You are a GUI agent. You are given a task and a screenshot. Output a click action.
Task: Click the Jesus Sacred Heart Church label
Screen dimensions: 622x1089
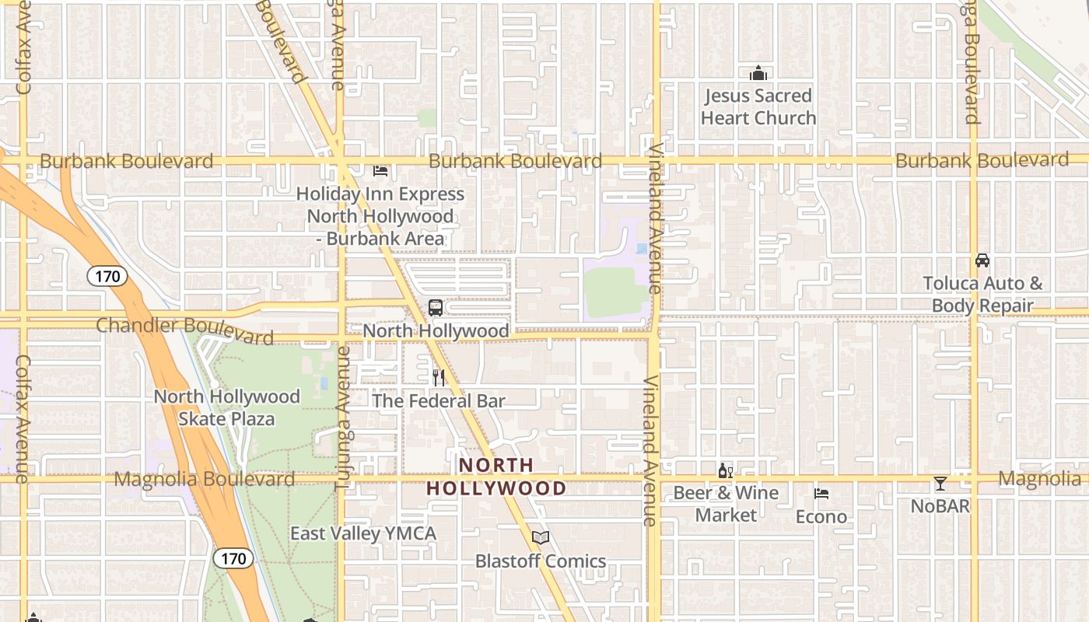click(x=758, y=107)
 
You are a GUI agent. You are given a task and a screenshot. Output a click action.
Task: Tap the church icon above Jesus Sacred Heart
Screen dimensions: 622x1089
click(x=758, y=74)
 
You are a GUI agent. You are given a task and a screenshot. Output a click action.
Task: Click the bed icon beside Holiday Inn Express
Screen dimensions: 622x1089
click(x=380, y=170)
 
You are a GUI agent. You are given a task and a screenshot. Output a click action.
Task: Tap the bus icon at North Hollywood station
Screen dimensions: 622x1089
click(x=436, y=308)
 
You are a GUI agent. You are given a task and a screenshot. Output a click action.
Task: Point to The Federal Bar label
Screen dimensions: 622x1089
click(x=439, y=401)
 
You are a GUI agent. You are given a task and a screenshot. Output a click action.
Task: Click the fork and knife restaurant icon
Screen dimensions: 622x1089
click(x=439, y=378)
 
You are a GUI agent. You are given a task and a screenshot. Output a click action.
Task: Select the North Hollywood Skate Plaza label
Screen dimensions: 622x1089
click(x=226, y=407)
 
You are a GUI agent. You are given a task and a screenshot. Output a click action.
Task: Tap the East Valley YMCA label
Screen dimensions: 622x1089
click(x=363, y=533)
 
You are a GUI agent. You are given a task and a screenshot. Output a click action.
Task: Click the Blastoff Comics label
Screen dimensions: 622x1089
click(x=541, y=561)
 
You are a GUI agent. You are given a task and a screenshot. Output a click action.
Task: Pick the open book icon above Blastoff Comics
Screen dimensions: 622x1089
click(x=541, y=537)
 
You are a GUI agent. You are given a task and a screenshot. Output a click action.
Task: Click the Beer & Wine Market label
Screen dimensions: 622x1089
click(x=726, y=504)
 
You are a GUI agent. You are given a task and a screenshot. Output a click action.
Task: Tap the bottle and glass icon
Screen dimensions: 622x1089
click(x=726, y=470)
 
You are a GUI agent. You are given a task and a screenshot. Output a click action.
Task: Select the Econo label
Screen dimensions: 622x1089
click(x=821, y=517)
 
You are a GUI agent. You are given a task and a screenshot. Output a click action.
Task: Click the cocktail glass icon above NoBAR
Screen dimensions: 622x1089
click(x=940, y=484)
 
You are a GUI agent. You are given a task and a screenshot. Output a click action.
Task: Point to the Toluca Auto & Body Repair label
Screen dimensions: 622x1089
click(x=982, y=295)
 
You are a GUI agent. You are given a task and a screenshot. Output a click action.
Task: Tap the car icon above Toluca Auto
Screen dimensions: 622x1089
click(x=982, y=260)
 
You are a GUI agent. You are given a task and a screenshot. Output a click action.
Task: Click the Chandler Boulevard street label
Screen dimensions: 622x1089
click(x=184, y=330)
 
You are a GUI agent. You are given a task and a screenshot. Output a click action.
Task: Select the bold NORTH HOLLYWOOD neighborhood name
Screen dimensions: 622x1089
click(x=496, y=477)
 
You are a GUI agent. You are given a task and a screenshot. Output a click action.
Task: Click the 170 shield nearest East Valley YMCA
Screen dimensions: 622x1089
click(x=233, y=558)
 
